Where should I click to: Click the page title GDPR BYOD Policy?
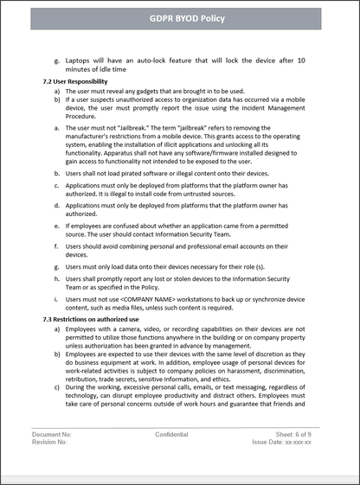(180, 17)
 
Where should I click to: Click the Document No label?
(52, 457)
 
